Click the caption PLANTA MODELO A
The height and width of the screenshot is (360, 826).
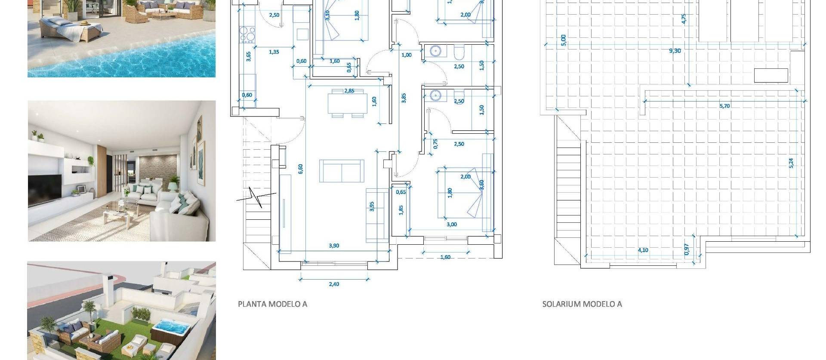(x=272, y=304)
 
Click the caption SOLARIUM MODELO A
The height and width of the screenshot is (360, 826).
(x=582, y=304)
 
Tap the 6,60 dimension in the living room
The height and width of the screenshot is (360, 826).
(x=301, y=169)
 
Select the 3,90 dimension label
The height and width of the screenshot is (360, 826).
(x=334, y=246)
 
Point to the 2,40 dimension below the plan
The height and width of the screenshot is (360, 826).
(x=334, y=284)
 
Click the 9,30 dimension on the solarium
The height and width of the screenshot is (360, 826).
(x=675, y=51)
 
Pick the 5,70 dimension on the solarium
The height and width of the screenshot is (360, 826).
(x=724, y=106)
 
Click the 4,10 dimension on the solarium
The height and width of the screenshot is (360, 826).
(x=643, y=250)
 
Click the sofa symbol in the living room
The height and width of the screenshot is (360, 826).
(x=342, y=171)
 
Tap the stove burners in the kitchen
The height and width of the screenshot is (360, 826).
(x=247, y=35)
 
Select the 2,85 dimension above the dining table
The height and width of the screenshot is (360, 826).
(x=349, y=91)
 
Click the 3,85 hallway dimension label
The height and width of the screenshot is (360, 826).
(x=404, y=98)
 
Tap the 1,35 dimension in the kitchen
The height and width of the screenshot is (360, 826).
(x=274, y=52)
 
